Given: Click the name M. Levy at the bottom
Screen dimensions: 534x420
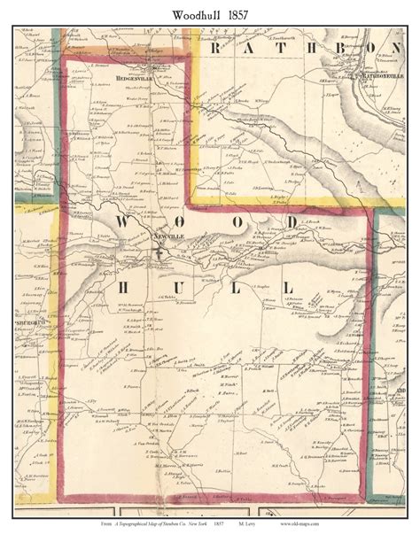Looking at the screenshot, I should coord(298,523).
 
